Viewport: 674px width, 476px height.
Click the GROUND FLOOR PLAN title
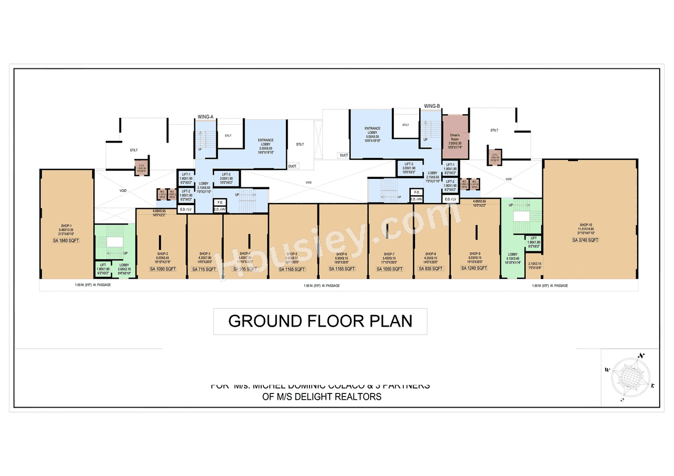320,321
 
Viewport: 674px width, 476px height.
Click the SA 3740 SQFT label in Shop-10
585,240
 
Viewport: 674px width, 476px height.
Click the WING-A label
205,116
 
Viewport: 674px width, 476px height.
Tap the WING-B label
432,106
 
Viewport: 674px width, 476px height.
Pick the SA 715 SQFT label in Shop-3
204,269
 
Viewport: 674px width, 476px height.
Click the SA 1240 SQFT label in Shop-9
474,268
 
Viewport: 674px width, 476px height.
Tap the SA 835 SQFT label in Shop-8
431,269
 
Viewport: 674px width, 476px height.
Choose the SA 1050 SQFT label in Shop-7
390,269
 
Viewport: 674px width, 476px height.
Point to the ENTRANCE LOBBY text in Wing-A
265,143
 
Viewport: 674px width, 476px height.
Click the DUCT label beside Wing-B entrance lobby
343,155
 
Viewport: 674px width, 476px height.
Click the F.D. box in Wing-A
220,202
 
